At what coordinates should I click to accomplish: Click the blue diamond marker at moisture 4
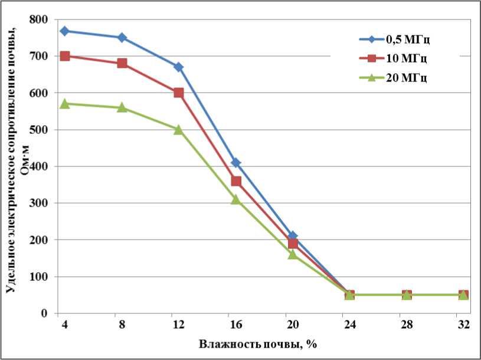(65, 31)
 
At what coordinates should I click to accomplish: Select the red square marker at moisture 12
(179, 93)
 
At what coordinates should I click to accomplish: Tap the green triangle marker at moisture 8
(122, 107)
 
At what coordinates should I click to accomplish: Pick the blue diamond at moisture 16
(236, 162)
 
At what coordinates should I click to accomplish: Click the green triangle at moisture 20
(293, 254)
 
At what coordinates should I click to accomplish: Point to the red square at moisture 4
(65, 56)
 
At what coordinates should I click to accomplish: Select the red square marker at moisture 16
(236, 181)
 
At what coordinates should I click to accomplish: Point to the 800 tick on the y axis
(39, 19)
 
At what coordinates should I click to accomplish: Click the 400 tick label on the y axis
(39, 166)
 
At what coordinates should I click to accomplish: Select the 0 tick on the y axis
(45, 313)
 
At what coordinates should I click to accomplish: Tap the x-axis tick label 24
(349, 325)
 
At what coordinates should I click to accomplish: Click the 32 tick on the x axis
(463, 325)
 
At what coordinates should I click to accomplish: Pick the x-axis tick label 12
(179, 325)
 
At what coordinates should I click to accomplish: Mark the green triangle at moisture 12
(179, 129)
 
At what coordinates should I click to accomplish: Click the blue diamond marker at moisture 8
(122, 38)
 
